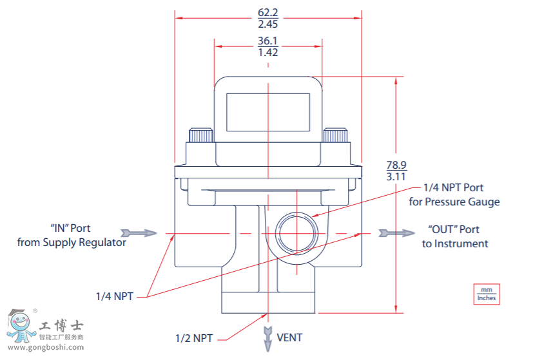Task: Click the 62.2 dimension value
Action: pos(267,12)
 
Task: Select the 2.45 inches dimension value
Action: pos(267,24)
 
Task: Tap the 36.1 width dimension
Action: pos(267,41)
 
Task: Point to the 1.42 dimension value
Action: pos(267,52)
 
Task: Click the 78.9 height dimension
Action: pos(397,164)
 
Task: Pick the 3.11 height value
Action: pos(396,175)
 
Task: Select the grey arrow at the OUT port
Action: pos(396,232)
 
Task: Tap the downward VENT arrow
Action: pos(267,336)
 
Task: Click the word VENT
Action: pos(289,337)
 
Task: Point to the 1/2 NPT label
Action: pos(193,337)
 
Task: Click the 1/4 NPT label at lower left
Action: pos(114,296)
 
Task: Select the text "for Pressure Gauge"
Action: pos(454,202)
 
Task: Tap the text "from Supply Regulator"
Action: pos(72,243)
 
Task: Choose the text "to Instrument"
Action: pos(455,243)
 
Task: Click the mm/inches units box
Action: pos(486,294)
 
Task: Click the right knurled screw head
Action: pos(334,135)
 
